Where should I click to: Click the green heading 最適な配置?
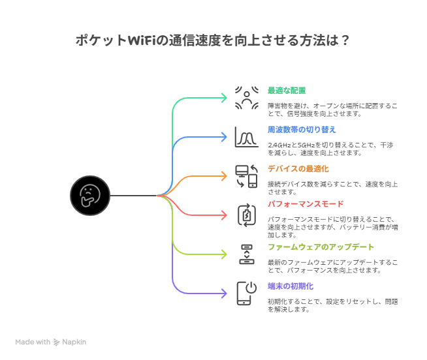pyautogui.click(x=287, y=90)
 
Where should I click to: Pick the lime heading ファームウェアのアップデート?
pyautogui.click(x=321, y=247)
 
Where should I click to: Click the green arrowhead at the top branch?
pyautogui.click(x=223, y=98)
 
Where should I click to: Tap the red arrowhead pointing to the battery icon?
pyautogui.click(x=223, y=215)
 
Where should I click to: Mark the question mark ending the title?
pyautogui.click(x=345, y=41)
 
